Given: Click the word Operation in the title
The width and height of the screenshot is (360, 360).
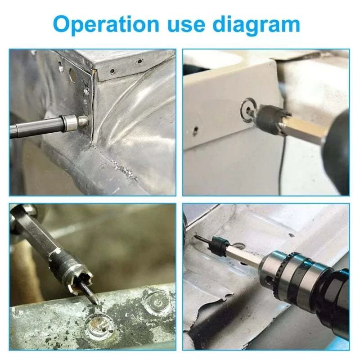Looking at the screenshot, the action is [106, 25].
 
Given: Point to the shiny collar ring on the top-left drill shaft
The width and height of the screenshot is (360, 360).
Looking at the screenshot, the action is [68, 124].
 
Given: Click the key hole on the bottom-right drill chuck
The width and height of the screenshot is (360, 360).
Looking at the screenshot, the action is [268, 279].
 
